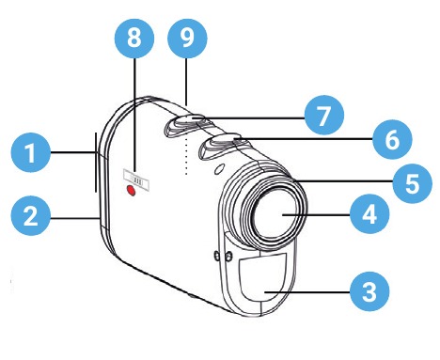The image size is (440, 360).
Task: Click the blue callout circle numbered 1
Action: coord(31,152)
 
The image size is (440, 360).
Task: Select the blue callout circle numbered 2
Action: coord(31,216)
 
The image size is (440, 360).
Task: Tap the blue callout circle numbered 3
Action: coord(369,291)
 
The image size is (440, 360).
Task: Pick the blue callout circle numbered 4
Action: coord(369,214)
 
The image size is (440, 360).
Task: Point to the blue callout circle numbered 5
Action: coord(413,183)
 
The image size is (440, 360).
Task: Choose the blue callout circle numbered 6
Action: coord(392,139)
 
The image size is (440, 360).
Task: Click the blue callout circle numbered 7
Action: coord(324,115)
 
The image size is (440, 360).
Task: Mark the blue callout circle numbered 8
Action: coord(134,39)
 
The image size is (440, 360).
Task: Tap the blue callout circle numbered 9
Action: coord(187,39)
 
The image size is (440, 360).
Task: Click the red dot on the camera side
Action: coord(131,190)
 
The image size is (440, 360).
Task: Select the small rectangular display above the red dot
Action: coord(135,180)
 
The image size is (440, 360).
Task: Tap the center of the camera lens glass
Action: coord(275,213)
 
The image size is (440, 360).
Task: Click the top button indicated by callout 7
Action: coord(184,124)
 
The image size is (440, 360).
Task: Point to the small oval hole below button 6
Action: coord(220,168)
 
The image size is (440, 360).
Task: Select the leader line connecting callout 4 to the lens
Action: coord(316,214)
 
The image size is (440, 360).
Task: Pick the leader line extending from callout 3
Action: coord(307,292)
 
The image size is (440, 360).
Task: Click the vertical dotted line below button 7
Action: coord(186,155)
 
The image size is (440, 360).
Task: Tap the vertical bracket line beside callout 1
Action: coord(96,162)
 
